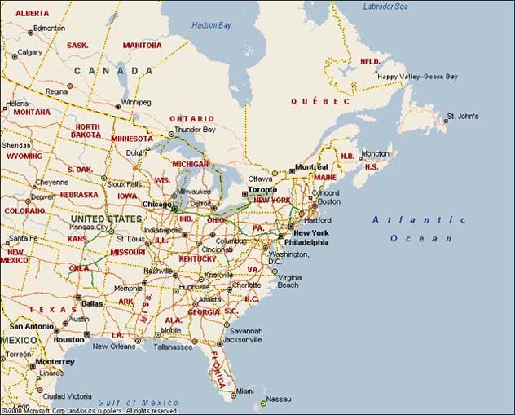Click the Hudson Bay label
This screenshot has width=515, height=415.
(x=212, y=25)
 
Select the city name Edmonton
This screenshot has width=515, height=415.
(x=49, y=28)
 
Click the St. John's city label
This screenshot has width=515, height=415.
(x=462, y=116)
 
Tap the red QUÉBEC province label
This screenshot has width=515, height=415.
(x=320, y=101)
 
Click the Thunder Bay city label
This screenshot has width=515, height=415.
(x=195, y=130)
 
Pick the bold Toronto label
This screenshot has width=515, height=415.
(x=262, y=190)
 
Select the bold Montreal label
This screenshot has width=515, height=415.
(x=311, y=167)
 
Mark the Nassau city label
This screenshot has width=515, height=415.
(x=279, y=399)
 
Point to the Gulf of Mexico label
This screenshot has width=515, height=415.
(x=138, y=403)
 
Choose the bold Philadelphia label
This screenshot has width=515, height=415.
(x=306, y=242)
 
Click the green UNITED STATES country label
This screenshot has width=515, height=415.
(x=106, y=219)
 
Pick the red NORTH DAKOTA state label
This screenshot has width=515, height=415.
(x=87, y=131)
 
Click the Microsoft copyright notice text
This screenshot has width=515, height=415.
(x=89, y=411)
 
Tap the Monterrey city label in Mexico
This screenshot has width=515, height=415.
(x=55, y=361)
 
